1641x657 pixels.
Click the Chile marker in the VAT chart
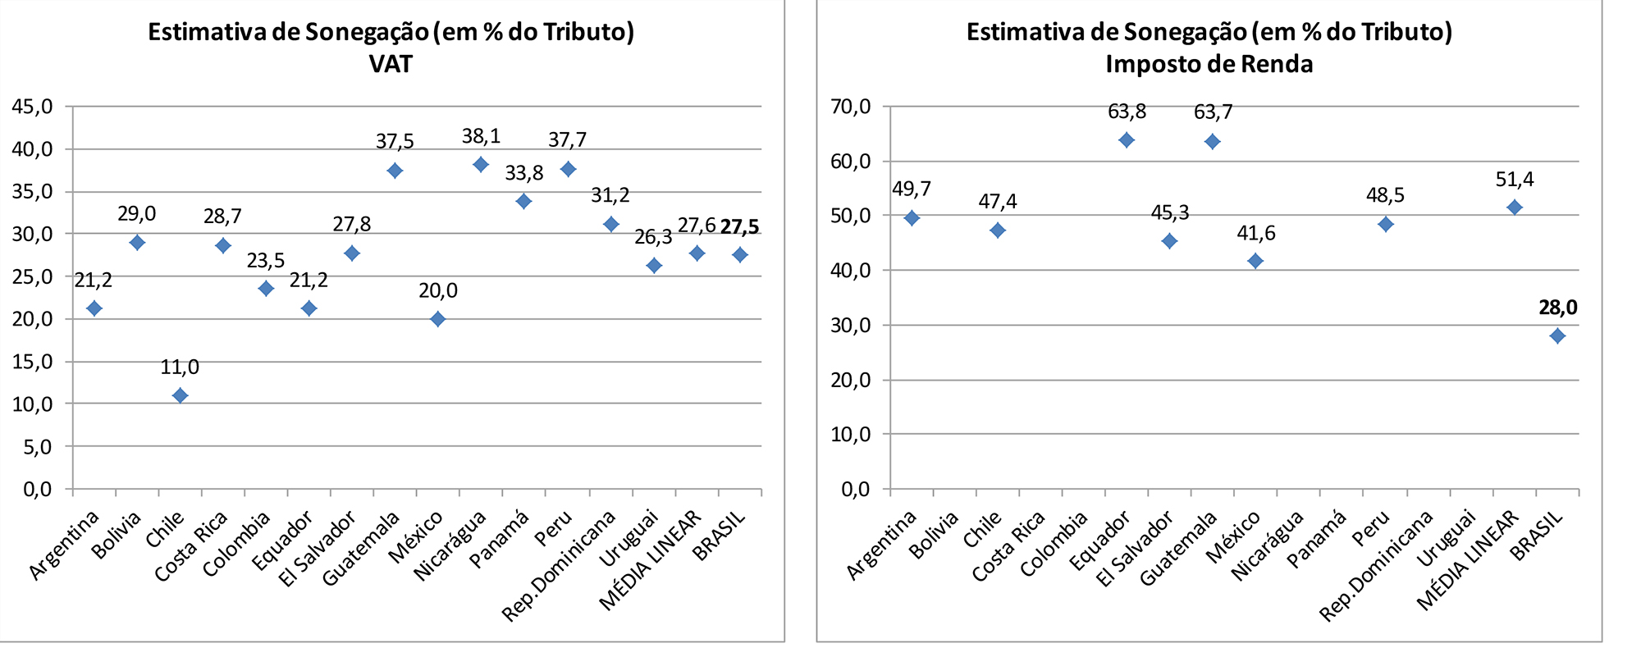180,395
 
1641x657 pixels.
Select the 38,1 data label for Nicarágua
481,136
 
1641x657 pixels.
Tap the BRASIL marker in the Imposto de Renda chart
1557,335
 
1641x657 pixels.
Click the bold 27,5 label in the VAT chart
739,226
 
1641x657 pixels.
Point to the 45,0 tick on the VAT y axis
32,107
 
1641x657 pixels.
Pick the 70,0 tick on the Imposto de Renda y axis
850,107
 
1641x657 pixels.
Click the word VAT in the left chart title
391,64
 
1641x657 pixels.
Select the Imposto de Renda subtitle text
1209,64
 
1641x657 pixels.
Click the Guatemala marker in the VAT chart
395,171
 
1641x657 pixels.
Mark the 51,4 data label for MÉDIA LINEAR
1514,180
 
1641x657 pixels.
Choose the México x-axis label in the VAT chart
417,536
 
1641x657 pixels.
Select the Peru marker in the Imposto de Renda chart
1385,224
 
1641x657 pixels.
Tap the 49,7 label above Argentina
912,189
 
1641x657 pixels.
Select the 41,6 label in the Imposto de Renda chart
1255,234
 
